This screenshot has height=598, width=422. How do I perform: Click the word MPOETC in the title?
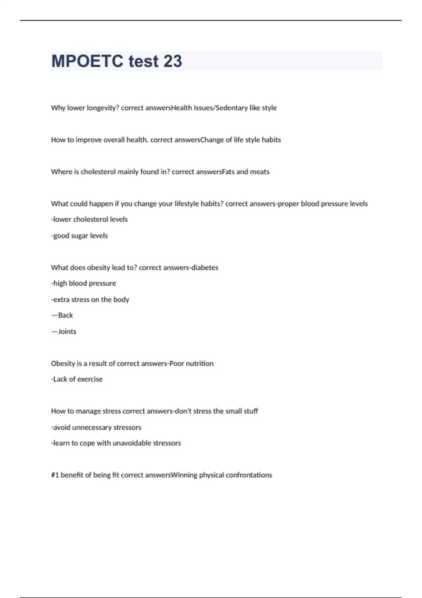coord(87,61)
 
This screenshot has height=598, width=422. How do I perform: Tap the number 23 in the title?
coord(173,61)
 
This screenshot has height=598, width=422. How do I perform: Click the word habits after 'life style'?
coord(271,140)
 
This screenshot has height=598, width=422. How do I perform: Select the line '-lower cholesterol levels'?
coord(89,220)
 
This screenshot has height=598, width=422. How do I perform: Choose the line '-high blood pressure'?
coord(83,284)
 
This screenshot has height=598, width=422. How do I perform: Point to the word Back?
coord(65,316)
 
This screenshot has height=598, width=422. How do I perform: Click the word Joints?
coord(67,332)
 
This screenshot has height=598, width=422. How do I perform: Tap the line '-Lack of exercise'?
coord(77,379)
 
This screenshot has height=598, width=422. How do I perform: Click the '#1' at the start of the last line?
coord(55,475)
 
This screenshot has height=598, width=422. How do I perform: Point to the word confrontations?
coord(249,475)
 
